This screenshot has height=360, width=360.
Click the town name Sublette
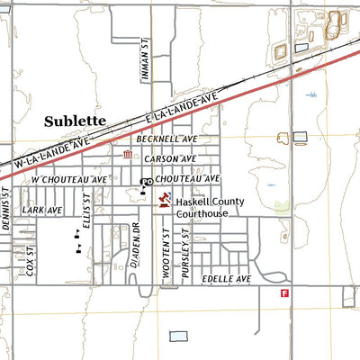pos(76,119)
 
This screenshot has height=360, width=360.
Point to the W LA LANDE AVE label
pos(53,154)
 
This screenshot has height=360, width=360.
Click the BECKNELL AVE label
pos(166,139)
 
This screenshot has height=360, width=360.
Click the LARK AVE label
pos(42,210)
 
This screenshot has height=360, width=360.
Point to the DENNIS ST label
pos(4,210)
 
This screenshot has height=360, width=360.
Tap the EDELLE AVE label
pos(225,280)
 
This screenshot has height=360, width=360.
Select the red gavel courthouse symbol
pos(164,200)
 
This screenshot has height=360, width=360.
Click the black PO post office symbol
pos(146,184)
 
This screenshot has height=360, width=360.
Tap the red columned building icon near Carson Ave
pos(127,156)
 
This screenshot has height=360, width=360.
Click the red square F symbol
pos(284,293)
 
